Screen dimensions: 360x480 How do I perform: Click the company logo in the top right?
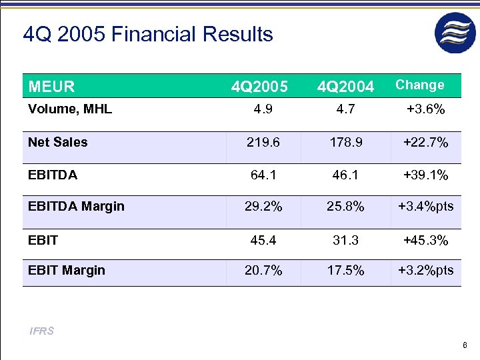coord(456,33)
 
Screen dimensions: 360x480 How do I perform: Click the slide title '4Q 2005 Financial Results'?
coord(148,34)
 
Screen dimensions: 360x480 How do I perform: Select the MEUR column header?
coord(51,87)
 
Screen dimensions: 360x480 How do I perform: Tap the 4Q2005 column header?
coord(259,87)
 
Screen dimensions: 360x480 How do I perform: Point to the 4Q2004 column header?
coord(345,87)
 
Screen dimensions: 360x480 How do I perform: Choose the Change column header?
coord(419,85)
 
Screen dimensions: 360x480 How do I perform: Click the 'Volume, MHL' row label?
coord(70,109)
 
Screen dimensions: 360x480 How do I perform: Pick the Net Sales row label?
coord(58,141)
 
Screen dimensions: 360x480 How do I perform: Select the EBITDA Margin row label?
coord(76,206)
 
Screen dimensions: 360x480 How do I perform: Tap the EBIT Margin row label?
coord(67,270)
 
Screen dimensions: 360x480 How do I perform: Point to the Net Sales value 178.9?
coord(345,143)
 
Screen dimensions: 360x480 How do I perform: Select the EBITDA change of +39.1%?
coord(425,175)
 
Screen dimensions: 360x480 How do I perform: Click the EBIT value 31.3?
coord(345,239)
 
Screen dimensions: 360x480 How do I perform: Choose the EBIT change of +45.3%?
coord(425,239)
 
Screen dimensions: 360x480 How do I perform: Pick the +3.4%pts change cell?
coord(425,207)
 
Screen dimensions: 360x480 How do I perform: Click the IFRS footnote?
coord(41,331)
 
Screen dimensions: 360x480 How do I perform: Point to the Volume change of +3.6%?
coord(425,110)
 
